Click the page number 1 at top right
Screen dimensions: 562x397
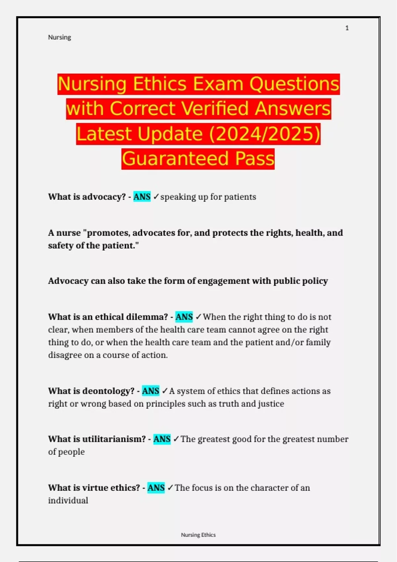(347, 28)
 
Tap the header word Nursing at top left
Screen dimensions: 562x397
(60, 37)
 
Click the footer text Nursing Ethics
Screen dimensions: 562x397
(198, 535)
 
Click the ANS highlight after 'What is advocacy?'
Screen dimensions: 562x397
(142, 197)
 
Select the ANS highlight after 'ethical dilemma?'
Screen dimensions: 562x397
(184, 317)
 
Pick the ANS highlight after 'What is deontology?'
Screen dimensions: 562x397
(151, 391)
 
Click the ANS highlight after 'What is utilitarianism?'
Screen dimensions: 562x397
(162, 439)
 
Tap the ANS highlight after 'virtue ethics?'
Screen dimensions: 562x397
(156, 488)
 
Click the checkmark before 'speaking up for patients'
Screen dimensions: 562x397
(156, 197)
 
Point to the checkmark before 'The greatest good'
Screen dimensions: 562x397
(176, 439)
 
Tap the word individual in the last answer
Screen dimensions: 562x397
(68, 501)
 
